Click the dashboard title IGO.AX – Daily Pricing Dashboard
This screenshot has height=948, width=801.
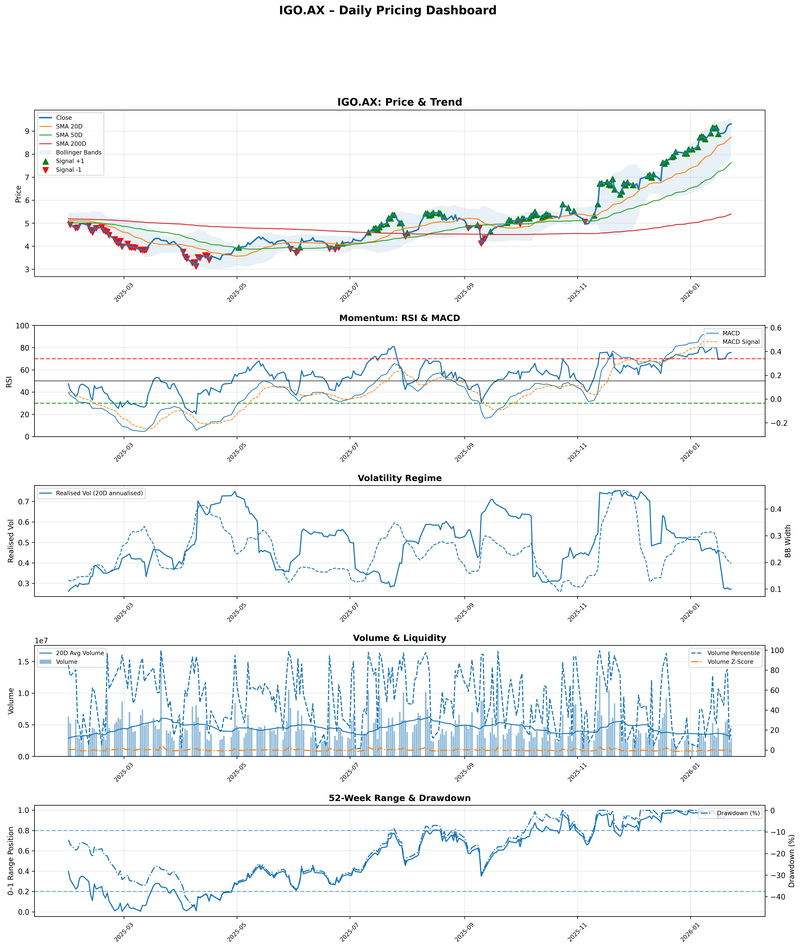tap(387, 10)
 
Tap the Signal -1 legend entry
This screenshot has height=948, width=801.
tap(69, 170)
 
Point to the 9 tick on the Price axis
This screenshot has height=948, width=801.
tap(27, 131)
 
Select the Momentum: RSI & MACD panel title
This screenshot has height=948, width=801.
tap(400, 318)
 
